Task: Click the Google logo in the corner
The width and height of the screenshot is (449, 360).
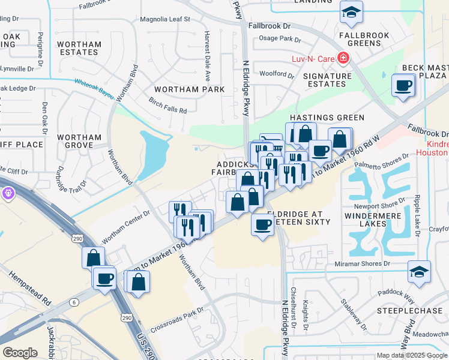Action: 20,353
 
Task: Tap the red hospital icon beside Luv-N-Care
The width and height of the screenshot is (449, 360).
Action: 343,58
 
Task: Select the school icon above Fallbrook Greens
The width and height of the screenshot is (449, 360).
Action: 351,12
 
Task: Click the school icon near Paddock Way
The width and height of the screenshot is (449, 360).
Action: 420,272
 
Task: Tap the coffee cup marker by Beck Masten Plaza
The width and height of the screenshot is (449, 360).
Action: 403,85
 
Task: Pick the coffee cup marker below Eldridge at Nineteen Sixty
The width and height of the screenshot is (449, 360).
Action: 262,224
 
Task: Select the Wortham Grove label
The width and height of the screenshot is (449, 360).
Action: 79,141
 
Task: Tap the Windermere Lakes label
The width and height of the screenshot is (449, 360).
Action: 373,219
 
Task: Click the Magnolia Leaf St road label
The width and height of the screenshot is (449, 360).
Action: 164,19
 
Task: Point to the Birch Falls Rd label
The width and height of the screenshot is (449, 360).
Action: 168,106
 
